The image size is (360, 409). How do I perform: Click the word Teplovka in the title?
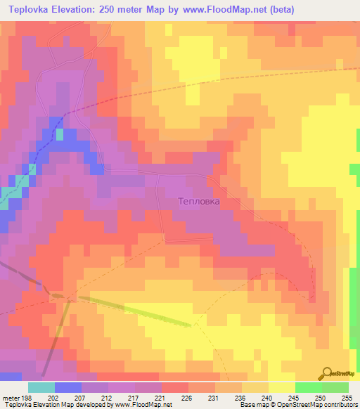tap(33, 10)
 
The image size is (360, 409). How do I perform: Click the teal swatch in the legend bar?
tap(41, 387)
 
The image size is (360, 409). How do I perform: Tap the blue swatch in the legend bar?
tap(68, 387)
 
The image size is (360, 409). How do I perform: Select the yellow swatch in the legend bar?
tap(282, 387)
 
